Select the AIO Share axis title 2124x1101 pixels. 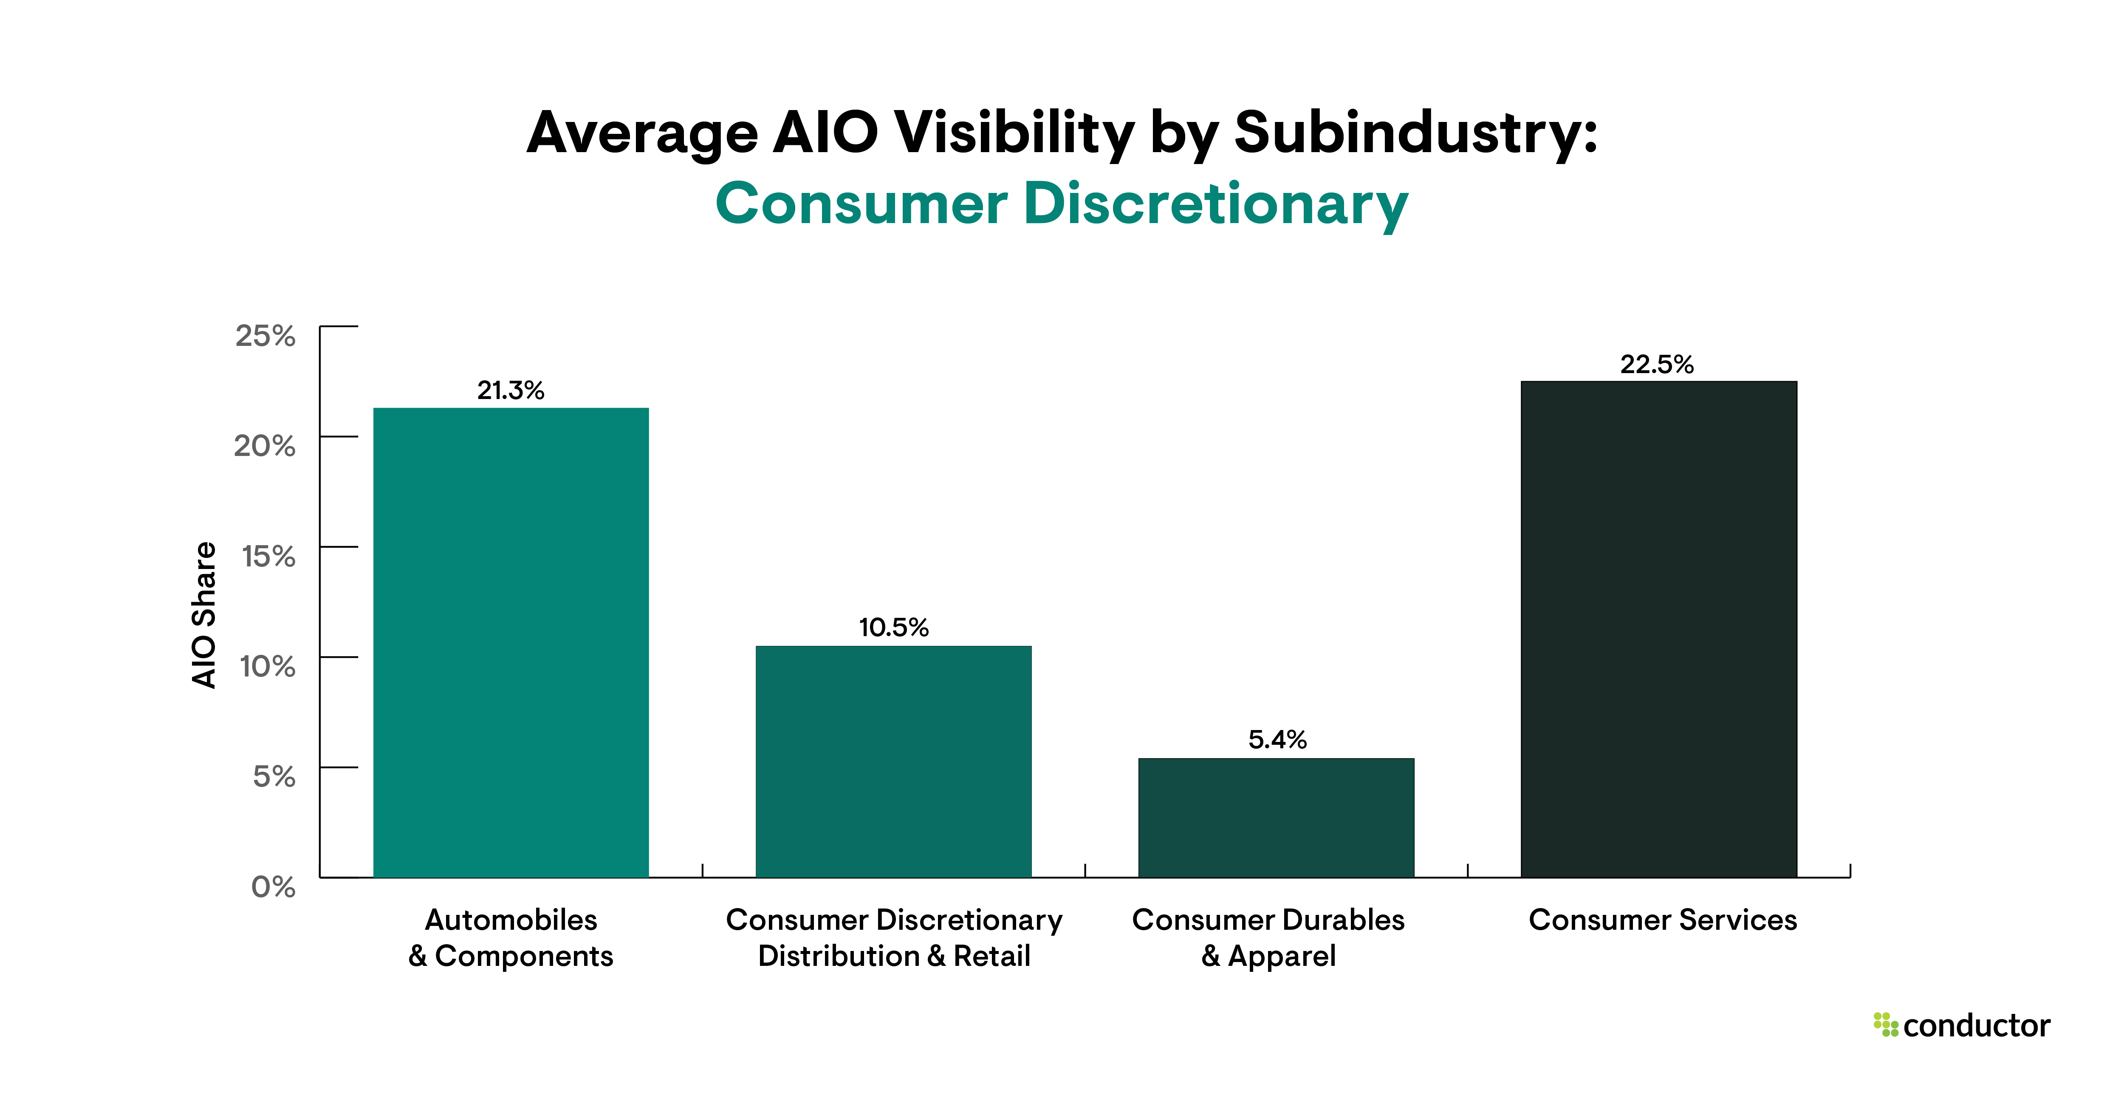tap(203, 614)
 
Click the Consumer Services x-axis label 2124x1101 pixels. tap(1662, 920)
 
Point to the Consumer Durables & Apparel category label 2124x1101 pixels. tap(1268, 938)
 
